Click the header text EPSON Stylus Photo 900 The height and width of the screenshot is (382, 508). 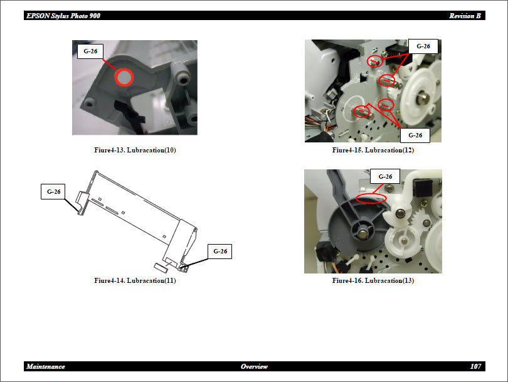(x=63, y=16)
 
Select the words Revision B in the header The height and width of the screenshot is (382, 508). (x=465, y=16)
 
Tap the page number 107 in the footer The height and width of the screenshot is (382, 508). (x=475, y=366)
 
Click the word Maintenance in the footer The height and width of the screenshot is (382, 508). (x=46, y=366)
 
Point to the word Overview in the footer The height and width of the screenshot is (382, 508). (x=254, y=366)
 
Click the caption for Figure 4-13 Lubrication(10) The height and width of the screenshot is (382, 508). (x=135, y=150)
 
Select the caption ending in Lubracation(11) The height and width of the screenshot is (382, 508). (x=135, y=280)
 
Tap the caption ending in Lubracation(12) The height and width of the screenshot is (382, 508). (x=373, y=150)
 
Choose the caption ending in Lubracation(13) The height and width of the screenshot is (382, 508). (x=373, y=280)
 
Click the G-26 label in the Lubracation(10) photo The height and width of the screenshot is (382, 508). (x=90, y=51)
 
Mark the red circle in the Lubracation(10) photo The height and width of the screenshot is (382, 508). (x=124, y=77)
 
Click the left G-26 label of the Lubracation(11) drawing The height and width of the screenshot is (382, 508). (x=53, y=192)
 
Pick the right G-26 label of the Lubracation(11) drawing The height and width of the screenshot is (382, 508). (x=220, y=252)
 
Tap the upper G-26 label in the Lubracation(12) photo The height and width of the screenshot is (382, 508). (x=423, y=46)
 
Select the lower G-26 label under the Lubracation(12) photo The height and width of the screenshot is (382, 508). (x=415, y=135)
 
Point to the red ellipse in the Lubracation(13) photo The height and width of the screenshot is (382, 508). (x=371, y=198)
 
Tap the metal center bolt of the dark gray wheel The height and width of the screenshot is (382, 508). (x=363, y=233)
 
